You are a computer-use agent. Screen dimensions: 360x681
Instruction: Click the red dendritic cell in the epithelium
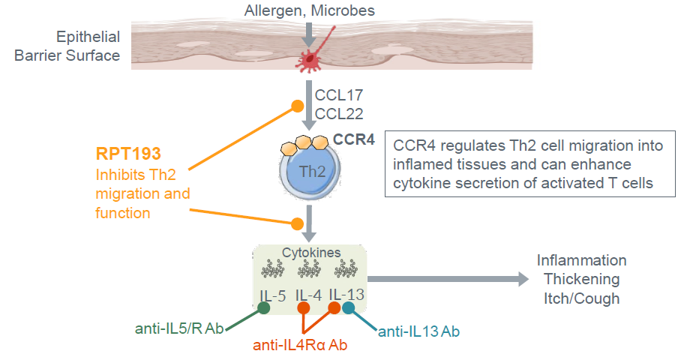click(x=308, y=60)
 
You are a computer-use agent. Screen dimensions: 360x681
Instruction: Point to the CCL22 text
click(x=340, y=114)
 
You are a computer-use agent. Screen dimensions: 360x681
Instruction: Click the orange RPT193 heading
click(x=128, y=154)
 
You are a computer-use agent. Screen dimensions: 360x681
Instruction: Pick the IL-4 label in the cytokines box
click(x=308, y=295)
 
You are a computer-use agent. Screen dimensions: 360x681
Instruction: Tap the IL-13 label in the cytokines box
click(x=346, y=295)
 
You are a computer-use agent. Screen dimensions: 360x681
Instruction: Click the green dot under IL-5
click(x=264, y=308)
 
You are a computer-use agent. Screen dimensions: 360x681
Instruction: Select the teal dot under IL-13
click(x=349, y=308)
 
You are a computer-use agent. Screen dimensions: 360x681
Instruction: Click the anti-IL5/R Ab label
click(x=179, y=328)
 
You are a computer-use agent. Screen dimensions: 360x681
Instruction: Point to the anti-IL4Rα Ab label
click(x=300, y=345)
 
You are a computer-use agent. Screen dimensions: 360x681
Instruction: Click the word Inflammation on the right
click(x=581, y=260)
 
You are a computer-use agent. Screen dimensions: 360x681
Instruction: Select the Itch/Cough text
click(x=581, y=298)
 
